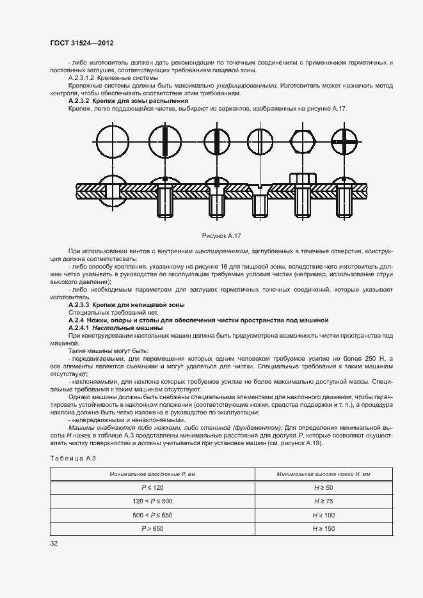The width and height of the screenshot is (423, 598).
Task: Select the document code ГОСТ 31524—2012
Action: click(81, 43)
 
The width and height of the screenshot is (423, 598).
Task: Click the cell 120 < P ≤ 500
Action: click(153, 501)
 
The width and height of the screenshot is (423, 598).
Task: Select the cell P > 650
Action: click(153, 528)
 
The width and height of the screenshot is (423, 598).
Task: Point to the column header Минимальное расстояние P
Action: click(153, 474)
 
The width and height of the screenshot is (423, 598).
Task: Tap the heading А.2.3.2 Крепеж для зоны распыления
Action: click(128, 101)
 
